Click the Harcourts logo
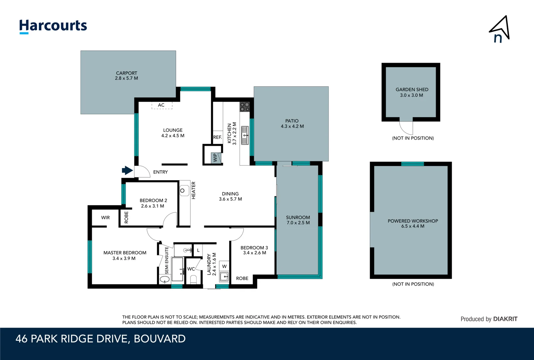(x=53, y=26)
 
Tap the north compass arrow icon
(x=500, y=29)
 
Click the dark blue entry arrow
(x=127, y=170)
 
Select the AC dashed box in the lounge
(x=162, y=105)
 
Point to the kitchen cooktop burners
(x=245, y=107)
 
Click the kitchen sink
(x=245, y=135)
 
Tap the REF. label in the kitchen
(x=218, y=137)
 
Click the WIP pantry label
(x=215, y=158)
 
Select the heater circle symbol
(x=183, y=191)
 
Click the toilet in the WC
(x=193, y=279)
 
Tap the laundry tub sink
(x=224, y=276)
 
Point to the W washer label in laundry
(x=224, y=266)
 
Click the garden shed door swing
(x=406, y=127)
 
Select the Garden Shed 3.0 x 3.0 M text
(x=412, y=92)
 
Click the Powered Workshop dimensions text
(x=413, y=226)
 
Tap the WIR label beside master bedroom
(x=105, y=218)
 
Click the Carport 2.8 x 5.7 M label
(x=127, y=76)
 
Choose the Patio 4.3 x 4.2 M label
(x=292, y=124)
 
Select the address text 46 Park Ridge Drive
(x=101, y=339)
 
